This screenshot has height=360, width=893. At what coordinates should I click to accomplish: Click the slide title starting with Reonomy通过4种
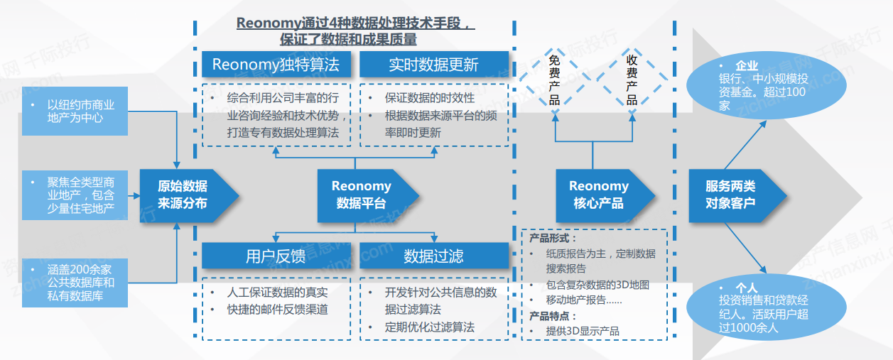click(x=355, y=31)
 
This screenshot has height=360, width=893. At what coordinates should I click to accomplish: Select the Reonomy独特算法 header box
click(x=276, y=65)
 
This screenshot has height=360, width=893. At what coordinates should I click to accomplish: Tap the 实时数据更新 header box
click(x=433, y=65)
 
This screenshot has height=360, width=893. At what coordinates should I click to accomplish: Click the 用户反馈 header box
click(x=276, y=256)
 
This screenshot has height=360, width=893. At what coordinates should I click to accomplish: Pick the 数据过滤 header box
click(x=433, y=256)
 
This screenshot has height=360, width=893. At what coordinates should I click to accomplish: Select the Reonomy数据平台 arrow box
click(x=362, y=195)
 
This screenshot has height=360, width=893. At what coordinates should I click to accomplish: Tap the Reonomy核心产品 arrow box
click(x=600, y=195)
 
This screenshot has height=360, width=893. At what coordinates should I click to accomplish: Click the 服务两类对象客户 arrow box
click(x=732, y=195)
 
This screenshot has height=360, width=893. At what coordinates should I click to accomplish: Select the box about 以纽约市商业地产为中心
click(x=75, y=111)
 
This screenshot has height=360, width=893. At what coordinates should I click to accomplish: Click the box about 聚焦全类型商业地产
click(x=75, y=195)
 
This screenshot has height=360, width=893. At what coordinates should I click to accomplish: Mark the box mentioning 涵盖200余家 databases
click(x=75, y=282)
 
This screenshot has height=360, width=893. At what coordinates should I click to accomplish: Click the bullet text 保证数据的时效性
click(x=429, y=98)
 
